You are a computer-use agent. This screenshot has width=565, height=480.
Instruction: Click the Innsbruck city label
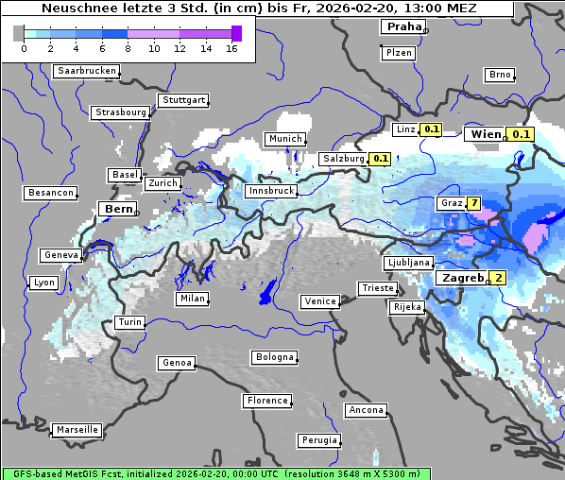271,191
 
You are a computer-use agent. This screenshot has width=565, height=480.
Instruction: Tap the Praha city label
403,26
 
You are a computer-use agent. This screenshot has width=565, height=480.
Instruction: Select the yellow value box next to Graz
473,203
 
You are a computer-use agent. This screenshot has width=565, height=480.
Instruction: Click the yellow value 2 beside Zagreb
498,278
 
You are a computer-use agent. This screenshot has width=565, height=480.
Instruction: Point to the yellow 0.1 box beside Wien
522,134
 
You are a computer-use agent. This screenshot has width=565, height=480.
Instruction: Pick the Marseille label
77,429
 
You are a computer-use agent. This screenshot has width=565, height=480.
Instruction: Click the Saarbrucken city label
87,71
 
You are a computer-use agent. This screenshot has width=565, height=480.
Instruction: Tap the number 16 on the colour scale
231,48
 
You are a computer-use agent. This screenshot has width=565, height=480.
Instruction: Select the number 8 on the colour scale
128,48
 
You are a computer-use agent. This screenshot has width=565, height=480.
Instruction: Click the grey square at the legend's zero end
19,33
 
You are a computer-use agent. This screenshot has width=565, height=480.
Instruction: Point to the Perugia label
318,440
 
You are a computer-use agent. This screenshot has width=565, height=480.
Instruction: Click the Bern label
119,208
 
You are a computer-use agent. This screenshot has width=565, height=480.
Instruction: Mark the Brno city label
499,75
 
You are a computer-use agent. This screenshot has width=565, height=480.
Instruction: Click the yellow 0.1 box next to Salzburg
381,159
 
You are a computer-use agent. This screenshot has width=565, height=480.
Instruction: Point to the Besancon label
51,193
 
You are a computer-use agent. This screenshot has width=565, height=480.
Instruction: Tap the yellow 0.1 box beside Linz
432,129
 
